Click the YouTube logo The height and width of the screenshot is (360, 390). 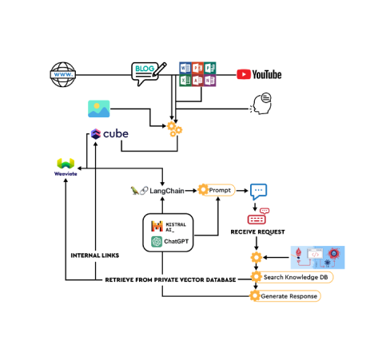pyautogui.click(x=259, y=75)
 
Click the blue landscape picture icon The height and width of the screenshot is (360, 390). pyautogui.click(x=99, y=109)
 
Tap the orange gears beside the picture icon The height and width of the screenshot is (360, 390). pyautogui.click(x=174, y=128)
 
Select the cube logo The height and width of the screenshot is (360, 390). pyautogui.click(x=112, y=135)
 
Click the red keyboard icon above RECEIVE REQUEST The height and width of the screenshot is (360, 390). pyautogui.click(x=258, y=217)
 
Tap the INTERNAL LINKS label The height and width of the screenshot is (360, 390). pyautogui.click(x=94, y=255)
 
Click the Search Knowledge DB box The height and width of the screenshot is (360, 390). pyautogui.click(x=291, y=277)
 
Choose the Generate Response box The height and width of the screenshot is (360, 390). pyautogui.click(x=286, y=296)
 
